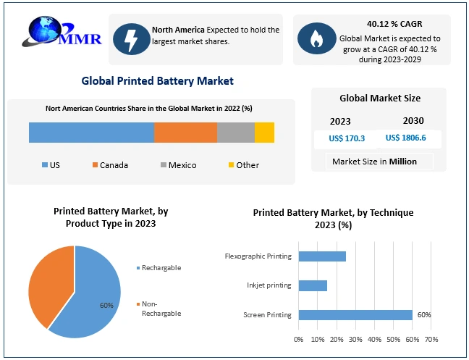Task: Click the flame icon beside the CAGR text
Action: click(x=316, y=38)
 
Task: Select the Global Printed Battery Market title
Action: click(x=157, y=80)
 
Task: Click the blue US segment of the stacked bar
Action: click(x=91, y=133)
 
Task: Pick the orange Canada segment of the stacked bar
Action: click(x=185, y=133)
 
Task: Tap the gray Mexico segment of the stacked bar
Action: click(x=236, y=133)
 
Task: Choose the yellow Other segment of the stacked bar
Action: click(x=264, y=133)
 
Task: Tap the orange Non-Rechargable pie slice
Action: click(x=49, y=286)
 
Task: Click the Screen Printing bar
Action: click(x=355, y=314)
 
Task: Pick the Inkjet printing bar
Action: click(x=313, y=285)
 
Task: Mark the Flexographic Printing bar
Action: click(x=322, y=256)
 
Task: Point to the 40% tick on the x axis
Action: click(x=374, y=338)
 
